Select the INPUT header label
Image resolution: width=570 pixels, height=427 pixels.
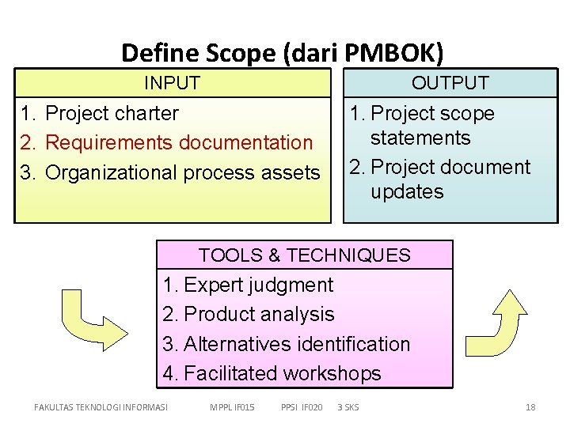[172, 83]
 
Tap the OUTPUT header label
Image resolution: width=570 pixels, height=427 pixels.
[450, 83]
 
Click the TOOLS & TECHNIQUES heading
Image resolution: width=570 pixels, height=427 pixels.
[305, 255]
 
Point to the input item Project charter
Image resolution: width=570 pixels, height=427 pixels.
[112, 113]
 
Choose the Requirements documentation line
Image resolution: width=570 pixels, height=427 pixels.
[179, 143]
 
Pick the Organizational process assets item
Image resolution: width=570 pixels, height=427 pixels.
[182, 172]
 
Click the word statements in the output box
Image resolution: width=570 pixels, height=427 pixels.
[420, 138]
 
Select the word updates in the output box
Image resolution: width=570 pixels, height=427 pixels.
[407, 192]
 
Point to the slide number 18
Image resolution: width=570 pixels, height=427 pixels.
[530, 407]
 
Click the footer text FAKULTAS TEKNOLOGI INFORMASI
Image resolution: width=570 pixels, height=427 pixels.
[101, 407]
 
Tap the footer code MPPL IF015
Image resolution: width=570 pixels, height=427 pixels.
[232, 407]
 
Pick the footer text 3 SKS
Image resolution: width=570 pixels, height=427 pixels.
[348, 407]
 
